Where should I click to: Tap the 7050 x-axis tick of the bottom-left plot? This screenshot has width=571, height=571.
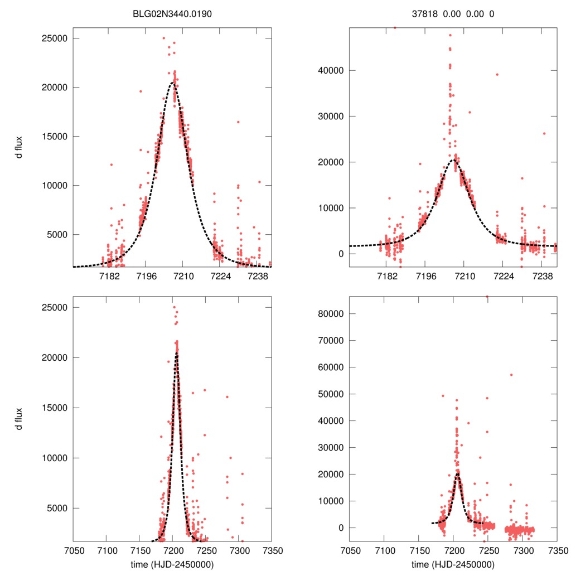pos(73,550)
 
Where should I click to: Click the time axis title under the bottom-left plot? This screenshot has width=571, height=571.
pos(172,564)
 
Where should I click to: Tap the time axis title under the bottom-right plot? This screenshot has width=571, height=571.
pos(453,564)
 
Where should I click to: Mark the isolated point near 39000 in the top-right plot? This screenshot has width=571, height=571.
pos(497,75)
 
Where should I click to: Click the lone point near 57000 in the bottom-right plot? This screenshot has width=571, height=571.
pos(511,375)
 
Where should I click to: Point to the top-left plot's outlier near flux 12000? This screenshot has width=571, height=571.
pos(112,164)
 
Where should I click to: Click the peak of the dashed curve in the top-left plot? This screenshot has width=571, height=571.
pos(173,83)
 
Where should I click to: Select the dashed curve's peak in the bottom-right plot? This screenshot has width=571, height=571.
pos(457,475)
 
